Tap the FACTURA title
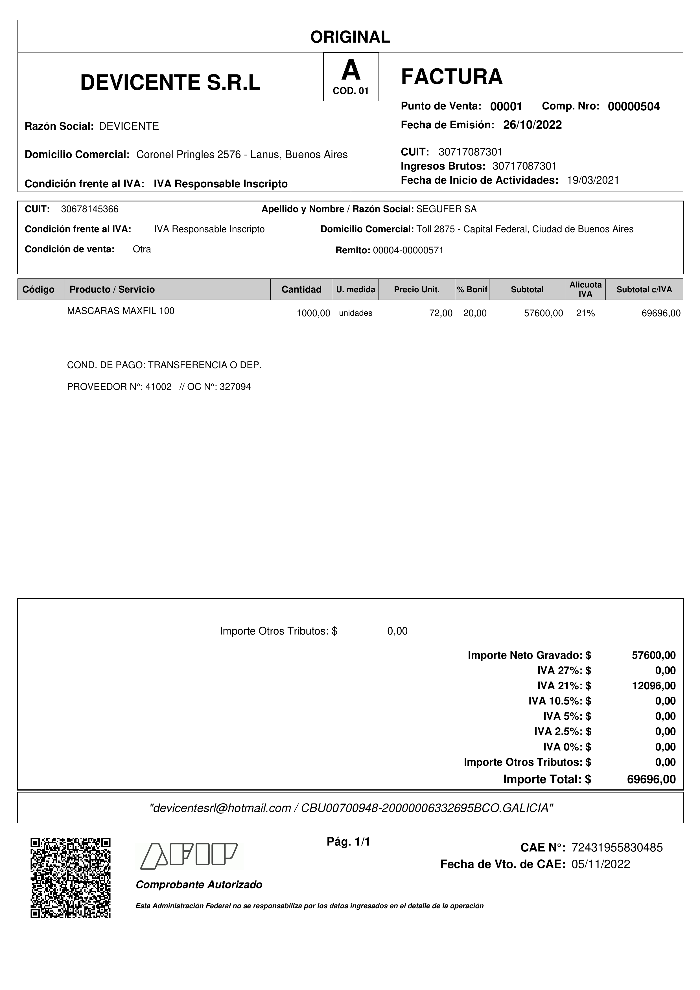click(x=452, y=77)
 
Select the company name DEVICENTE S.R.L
click(x=170, y=82)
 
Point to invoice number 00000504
click(x=634, y=106)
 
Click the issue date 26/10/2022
click(x=532, y=125)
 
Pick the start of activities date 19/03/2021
click(x=593, y=180)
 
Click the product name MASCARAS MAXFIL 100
click(x=121, y=311)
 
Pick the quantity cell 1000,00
click(x=313, y=313)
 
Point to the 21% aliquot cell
click(x=585, y=313)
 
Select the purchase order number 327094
click(x=235, y=387)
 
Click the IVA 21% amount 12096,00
click(x=654, y=686)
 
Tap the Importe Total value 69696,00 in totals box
click(x=651, y=779)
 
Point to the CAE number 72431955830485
click(x=617, y=848)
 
